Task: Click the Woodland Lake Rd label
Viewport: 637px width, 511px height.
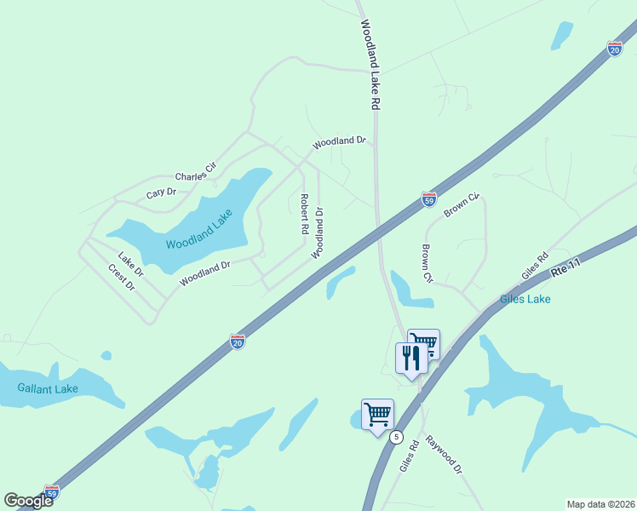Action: tap(369, 65)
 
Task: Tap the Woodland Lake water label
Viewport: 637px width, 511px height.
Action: tap(199, 232)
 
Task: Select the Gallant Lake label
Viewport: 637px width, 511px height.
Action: tap(48, 389)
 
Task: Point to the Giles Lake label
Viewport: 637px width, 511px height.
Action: tap(525, 299)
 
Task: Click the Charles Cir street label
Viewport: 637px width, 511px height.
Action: tap(197, 171)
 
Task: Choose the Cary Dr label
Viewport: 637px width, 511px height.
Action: tap(161, 193)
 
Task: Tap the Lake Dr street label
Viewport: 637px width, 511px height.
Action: tap(130, 264)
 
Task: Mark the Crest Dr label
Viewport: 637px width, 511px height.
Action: tap(122, 278)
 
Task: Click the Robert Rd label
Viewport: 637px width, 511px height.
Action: tap(303, 214)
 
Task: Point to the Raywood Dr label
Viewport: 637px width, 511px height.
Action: tap(444, 456)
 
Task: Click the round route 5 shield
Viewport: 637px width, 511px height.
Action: tap(396, 437)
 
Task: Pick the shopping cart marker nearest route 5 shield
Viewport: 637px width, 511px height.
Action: tap(377, 416)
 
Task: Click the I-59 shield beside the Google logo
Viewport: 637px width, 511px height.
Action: tap(52, 492)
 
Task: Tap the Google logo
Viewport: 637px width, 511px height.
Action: tap(28, 501)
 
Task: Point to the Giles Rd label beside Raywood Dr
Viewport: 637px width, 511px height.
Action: tap(409, 456)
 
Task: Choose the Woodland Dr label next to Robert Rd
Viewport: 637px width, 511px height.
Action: tap(318, 233)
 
